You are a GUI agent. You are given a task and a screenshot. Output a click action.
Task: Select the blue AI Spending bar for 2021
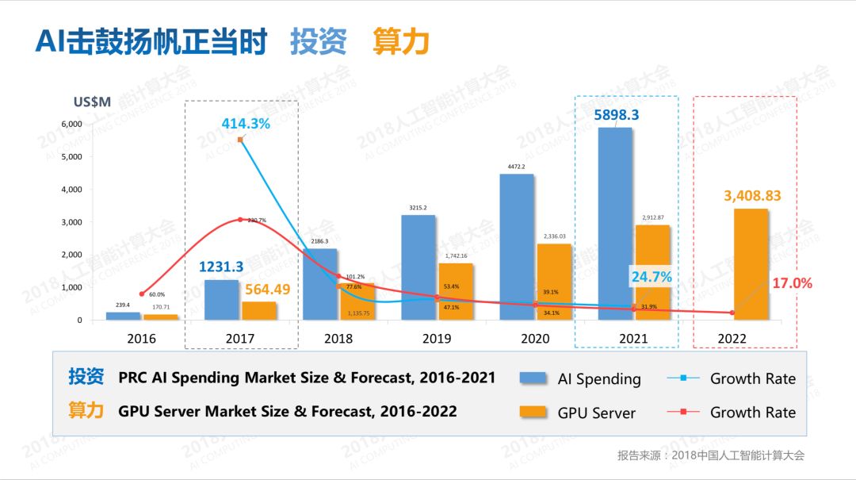coord(614,223)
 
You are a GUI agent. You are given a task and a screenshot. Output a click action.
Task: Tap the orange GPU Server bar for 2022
coord(750,264)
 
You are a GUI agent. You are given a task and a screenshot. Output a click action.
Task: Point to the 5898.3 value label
coord(617,115)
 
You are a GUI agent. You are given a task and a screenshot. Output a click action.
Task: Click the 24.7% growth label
coord(651,277)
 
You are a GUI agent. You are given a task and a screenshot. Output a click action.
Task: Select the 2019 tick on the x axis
coord(437,338)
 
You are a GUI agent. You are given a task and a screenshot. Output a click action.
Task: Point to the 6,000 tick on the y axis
coord(71,124)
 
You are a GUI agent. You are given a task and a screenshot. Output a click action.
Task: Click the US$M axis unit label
coord(94,102)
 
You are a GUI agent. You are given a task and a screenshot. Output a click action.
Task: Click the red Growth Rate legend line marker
coord(682,412)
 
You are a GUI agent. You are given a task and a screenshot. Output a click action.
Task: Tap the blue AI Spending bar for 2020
coord(516,247)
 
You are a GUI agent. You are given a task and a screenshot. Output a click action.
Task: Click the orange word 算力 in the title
coord(400,42)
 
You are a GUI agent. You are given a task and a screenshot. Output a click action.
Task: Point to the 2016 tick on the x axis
coord(142,338)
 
